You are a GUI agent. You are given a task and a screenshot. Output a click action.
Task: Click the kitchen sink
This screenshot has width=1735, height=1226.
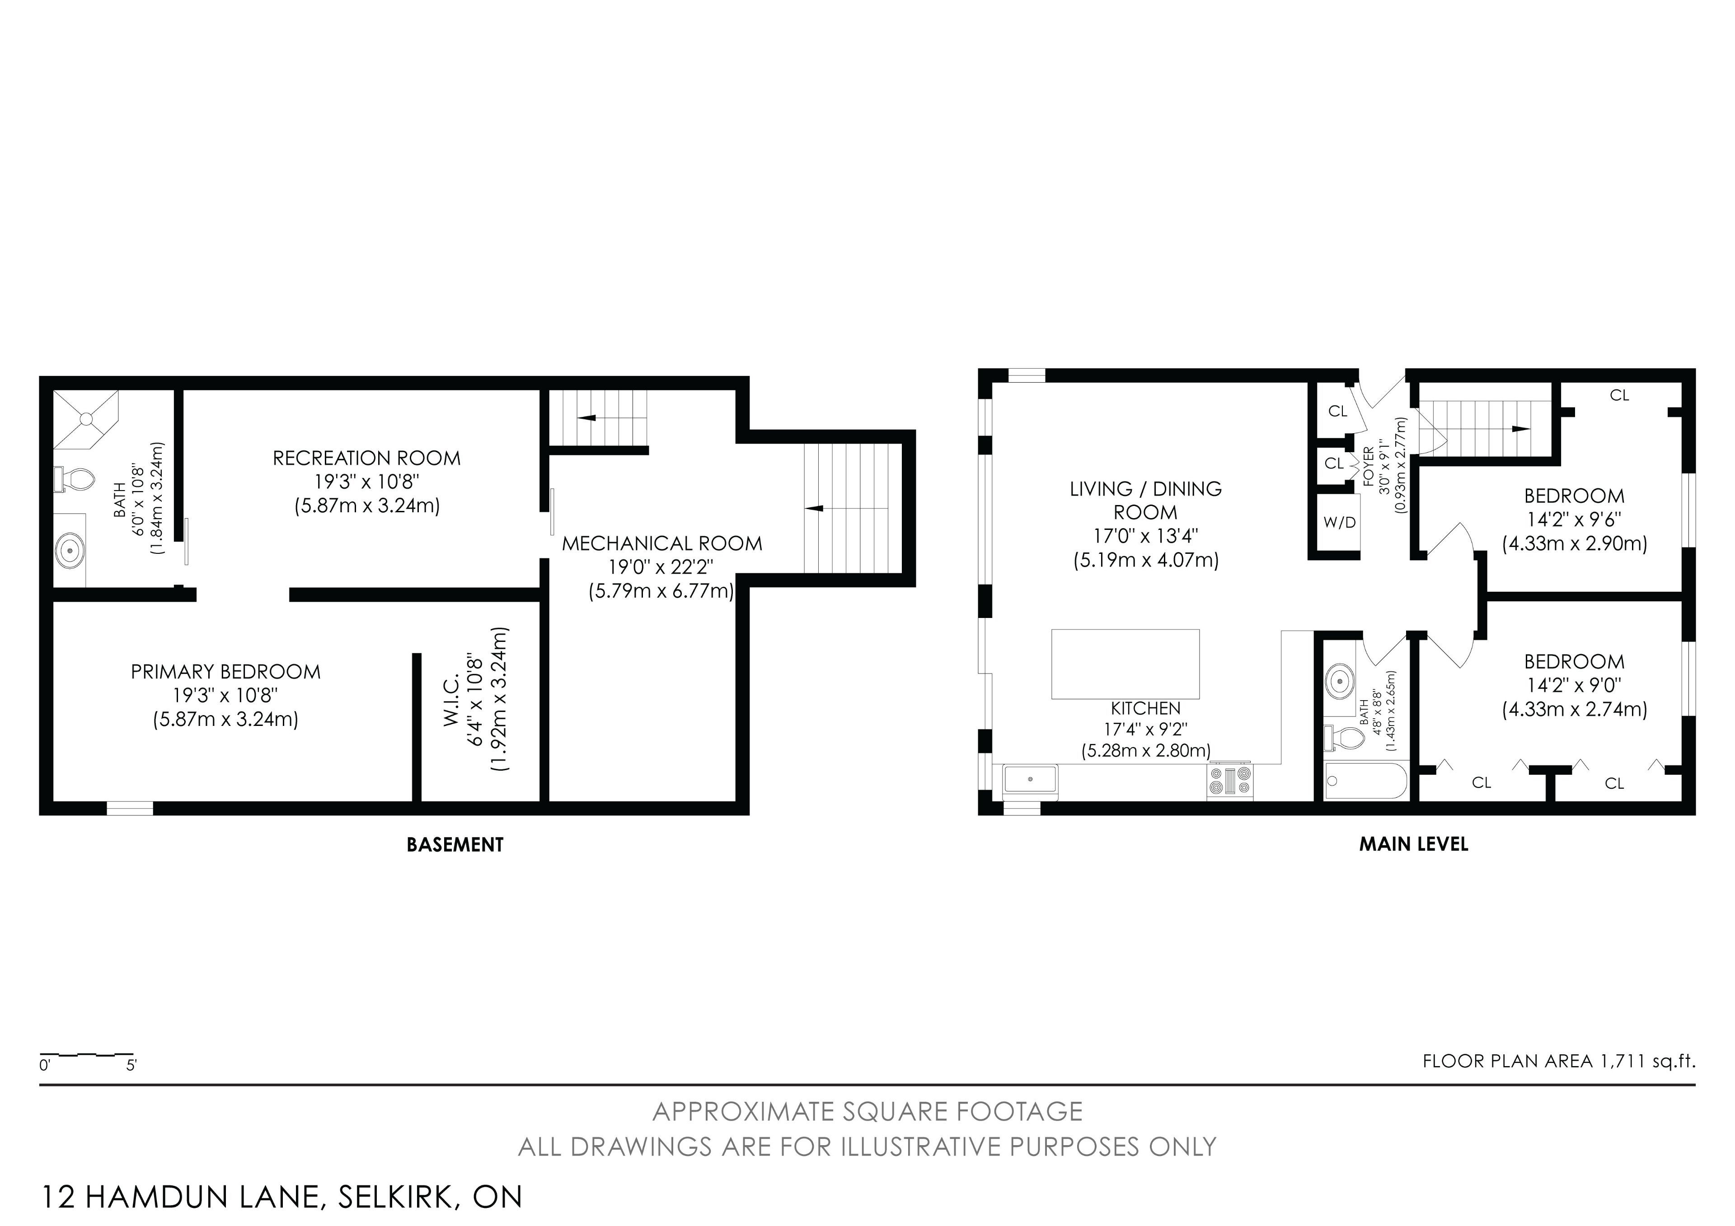[x=1030, y=779]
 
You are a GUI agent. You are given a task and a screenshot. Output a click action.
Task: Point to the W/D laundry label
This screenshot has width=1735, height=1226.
[x=1339, y=522]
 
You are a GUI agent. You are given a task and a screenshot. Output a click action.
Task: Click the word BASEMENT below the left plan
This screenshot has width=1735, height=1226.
[x=455, y=845]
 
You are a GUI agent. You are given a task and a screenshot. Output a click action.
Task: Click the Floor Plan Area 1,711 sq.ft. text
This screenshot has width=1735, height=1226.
[x=1559, y=1061]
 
